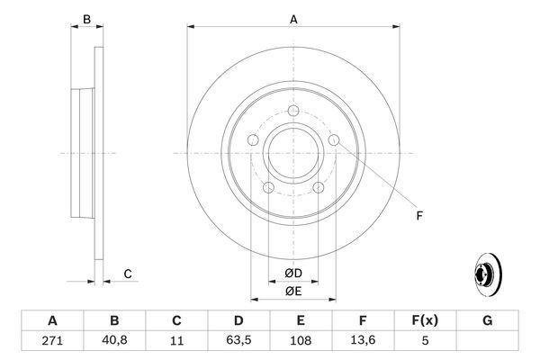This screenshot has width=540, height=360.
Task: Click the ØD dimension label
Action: (292, 273)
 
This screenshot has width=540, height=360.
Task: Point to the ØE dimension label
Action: (292, 290)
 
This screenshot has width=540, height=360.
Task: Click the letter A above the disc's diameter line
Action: (293, 17)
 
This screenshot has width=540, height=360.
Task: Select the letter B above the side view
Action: (86, 19)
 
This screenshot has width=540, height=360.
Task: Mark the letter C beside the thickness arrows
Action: (128, 274)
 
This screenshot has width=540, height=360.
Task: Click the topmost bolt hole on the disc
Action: (293, 112)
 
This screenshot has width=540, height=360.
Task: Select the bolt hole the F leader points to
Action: (335, 140)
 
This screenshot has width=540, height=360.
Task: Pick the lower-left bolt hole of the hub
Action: (268, 187)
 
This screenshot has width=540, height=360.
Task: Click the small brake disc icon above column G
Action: (487, 277)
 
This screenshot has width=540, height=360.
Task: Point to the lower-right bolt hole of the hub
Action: (319, 187)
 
